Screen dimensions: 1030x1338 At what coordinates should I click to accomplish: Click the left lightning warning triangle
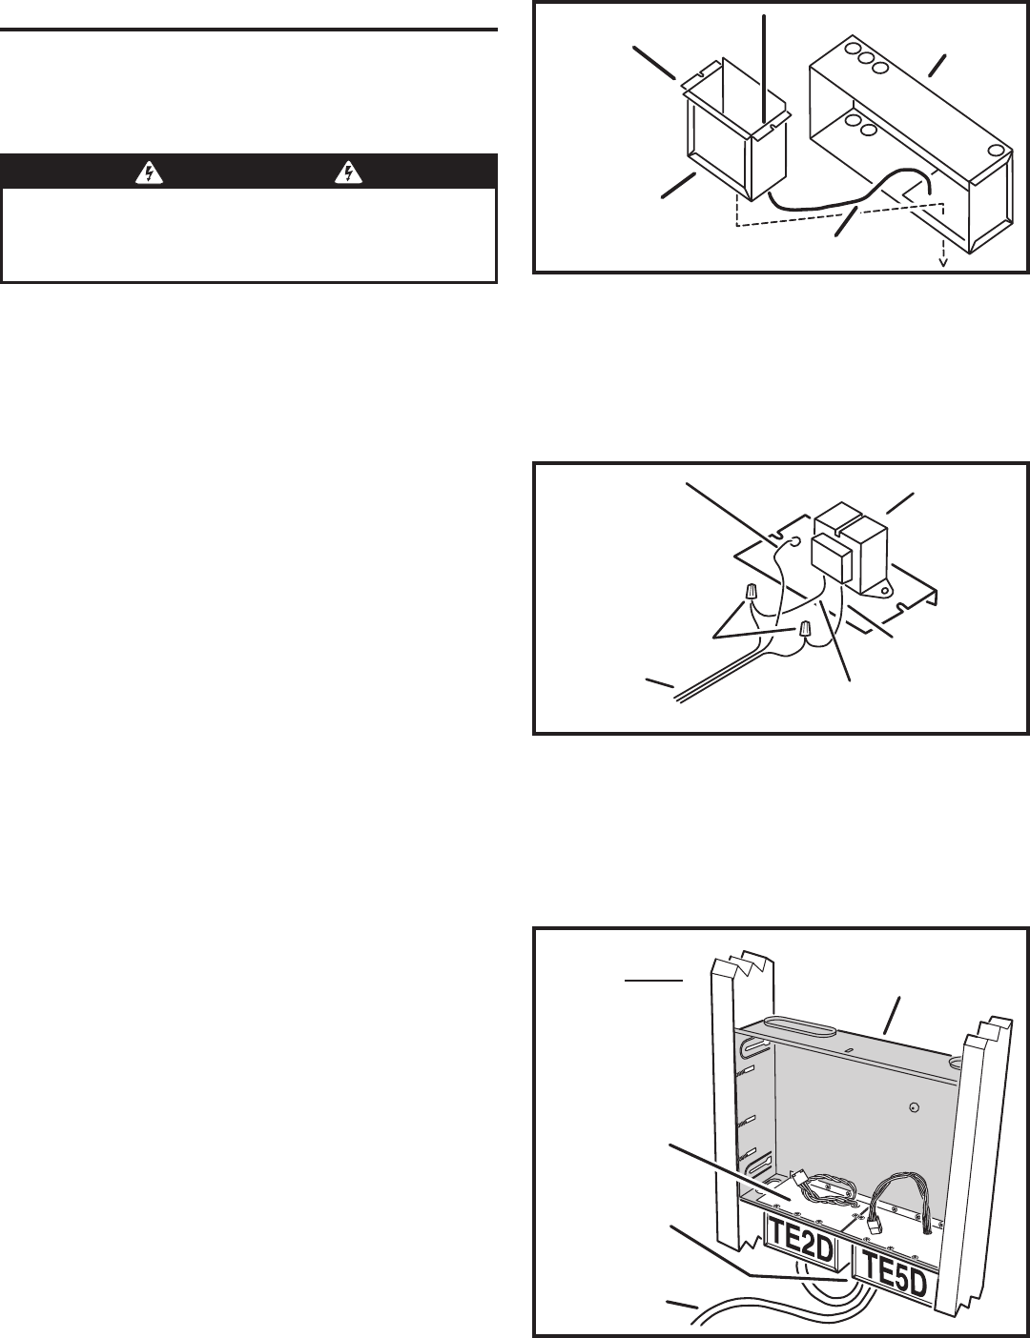click(x=150, y=172)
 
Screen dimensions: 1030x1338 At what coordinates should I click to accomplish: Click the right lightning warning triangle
click(x=349, y=172)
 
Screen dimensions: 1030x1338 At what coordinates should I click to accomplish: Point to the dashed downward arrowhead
click(x=942, y=264)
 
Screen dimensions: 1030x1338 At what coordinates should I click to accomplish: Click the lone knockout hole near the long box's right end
click(x=994, y=151)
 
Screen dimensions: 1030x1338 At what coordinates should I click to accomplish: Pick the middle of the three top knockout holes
click(x=866, y=62)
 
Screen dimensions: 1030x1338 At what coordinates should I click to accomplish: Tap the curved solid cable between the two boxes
click(x=850, y=195)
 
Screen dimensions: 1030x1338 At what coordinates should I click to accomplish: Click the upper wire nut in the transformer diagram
click(x=751, y=594)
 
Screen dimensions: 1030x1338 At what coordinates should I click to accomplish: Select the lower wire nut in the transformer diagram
click(x=804, y=630)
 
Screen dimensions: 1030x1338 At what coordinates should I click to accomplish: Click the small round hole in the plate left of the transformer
click(x=794, y=542)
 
